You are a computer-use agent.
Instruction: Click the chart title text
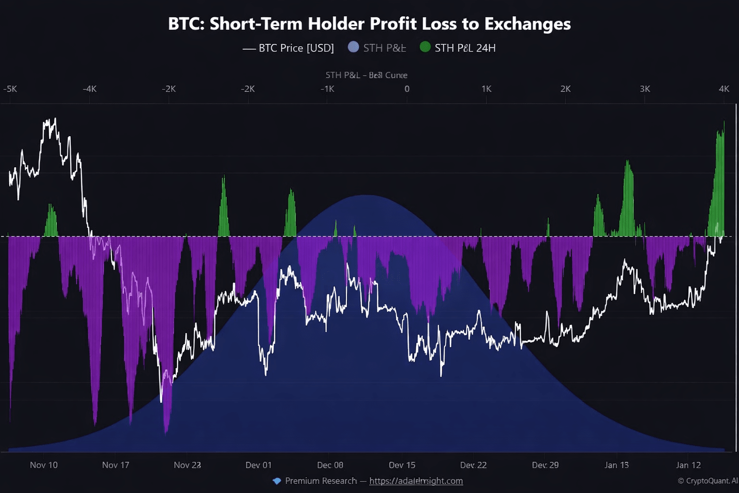[x=369, y=24]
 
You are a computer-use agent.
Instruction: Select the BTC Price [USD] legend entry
[x=288, y=48]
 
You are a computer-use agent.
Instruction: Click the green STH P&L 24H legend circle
[x=425, y=47]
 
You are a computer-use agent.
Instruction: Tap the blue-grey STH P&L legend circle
[x=354, y=47]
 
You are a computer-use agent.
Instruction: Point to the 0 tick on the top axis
[x=407, y=89]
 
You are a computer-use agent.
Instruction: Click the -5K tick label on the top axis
[x=10, y=89]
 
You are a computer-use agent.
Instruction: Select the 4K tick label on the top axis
[x=724, y=89]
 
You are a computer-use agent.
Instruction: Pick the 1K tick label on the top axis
[x=486, y=89]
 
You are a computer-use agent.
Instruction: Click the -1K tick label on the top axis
[x=327, y=89]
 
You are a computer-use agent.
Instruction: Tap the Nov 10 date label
[x=44, y=465]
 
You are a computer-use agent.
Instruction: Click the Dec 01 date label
[x=258, y=465]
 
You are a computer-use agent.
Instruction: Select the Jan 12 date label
[x=688, y=465]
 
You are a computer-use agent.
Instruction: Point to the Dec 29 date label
[x=545, y=465]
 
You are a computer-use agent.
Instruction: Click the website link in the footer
[x=416, y=481]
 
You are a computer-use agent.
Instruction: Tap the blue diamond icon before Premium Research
[x=277, y=481]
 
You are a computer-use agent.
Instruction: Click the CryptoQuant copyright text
[x=707, y=481]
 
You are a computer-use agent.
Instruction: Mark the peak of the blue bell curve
[x=367, y=195]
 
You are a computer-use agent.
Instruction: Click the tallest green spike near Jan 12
[x=724, y=123]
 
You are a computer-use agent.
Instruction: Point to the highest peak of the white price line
[x=55, y=118]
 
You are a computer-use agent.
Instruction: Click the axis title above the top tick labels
[x=367, y=75]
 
